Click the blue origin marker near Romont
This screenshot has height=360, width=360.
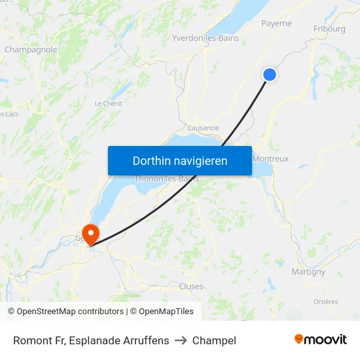[x=269, y=75]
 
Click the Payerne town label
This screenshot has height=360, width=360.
[x=276, y=24]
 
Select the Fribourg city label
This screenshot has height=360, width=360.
[x=329, y=29]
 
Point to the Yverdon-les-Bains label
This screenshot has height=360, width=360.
[x=205, y=38]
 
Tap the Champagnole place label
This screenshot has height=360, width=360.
[x=31, y=49]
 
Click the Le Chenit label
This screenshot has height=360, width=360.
[x=109, y=103]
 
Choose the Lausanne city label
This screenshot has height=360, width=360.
[x=203, y=128]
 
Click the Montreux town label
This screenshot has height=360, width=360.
[x=270, y=158]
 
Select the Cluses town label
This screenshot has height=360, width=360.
[x=191, y=286]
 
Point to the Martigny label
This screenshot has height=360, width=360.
[x=308, y=272]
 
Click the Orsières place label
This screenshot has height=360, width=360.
[x=325, y=302]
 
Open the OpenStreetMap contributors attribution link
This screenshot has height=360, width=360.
[x=70, y=312]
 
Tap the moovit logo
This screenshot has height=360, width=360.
[x=321, y=339]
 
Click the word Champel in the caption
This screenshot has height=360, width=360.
[x=214, y=340]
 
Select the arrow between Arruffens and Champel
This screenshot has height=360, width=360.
[x=181, y=340]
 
